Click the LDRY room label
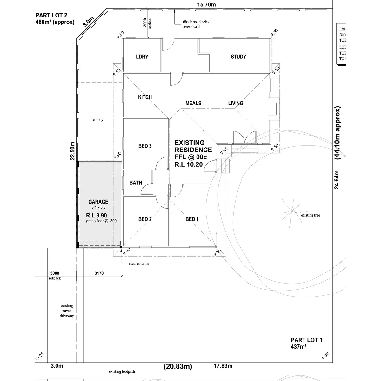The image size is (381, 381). point(142,57)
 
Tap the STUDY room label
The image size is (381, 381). point(238,57)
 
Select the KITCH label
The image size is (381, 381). point(145,97)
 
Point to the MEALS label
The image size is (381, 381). point(193,103)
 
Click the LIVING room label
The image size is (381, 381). point(236,103)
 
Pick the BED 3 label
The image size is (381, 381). point(145,146)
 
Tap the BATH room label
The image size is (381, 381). point(136,183)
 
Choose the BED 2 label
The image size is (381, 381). point(145,219)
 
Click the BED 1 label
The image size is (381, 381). point(192,219)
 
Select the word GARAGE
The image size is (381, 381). point(98,202)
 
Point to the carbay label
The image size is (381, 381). point(98,120)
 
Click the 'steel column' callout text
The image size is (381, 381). point(139,264)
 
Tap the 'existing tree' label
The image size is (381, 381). point(311,215)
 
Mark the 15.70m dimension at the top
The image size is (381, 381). point(206,4)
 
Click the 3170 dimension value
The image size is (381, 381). point(99,273)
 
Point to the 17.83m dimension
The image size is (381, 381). point(223,366)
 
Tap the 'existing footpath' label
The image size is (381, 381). point(122,371)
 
